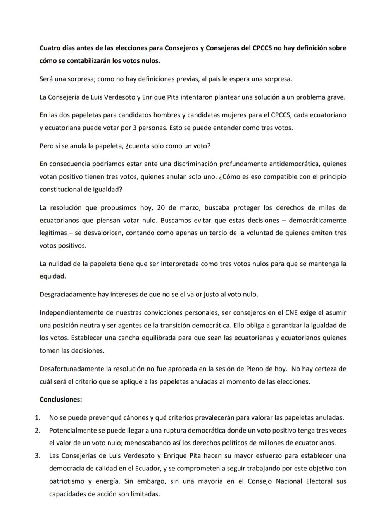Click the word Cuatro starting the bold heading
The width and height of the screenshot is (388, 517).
(49, 48)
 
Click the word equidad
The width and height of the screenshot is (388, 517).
(52, 276)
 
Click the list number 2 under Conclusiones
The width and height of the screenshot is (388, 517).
(37, 430)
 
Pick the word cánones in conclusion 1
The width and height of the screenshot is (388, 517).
(120, 418)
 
